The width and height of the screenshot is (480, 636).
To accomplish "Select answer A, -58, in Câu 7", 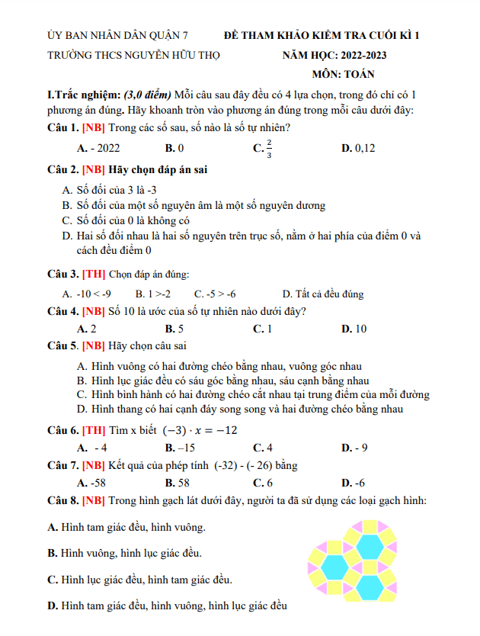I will pyautogui.click(x=91, y=483).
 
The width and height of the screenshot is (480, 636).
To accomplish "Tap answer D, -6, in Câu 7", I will pyautogui.click(x=354, y=483).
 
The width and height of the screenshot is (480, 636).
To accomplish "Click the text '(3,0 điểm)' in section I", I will pyautogui.click(x=146, y=95).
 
